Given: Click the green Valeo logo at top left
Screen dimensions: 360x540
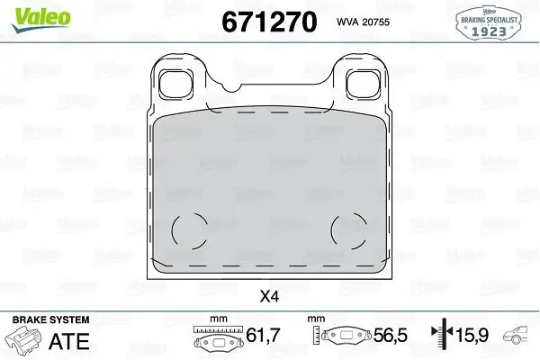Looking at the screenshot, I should pyautogui.click(x=27, y=13).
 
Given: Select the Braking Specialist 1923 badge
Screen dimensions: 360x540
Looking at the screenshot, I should pyautogui.click(x=499, y=21).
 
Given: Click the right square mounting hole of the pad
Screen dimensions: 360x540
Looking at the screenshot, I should pyautogui.click(x=361, y=84).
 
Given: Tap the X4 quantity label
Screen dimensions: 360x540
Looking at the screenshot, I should pyautogui.click(x=269, y=293).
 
